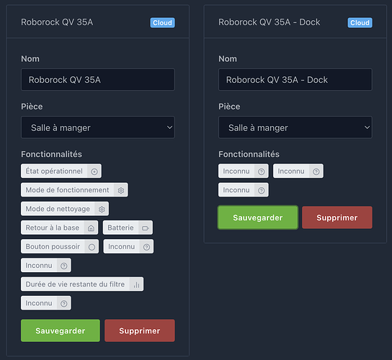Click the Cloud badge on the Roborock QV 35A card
click(x=162, y=23)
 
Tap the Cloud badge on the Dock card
click(x=360, y=23)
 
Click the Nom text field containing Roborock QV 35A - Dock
click(x=295, y=80)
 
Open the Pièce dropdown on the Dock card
click(x=295, y=127)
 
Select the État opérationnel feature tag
click(x=61, y=171)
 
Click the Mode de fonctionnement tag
click(x=74, y=190)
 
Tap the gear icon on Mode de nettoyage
click(x=102, y=209)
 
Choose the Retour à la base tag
click(x=60, y=228)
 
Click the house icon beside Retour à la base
click(x=91, y=228)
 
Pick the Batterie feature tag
click(x=128, y=228)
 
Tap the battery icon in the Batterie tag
click(x=146, y=228)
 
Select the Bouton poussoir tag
click(x=60, y=246)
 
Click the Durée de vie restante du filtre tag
click(x=82, y=284)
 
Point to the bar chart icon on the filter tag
click(x=136, y=284)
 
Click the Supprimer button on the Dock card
click(x=337, y=217)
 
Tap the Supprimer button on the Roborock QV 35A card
click(x=140, y=330)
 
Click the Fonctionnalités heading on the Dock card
click(x=249, y=154)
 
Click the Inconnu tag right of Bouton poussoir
click(x=128, y=246)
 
